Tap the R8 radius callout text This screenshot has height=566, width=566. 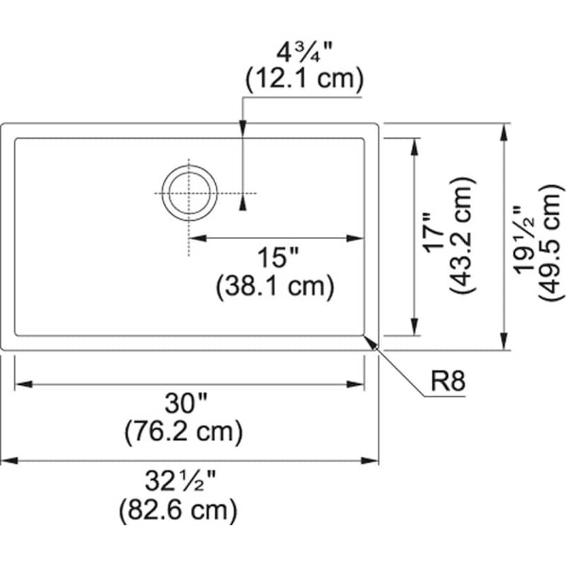[448, 383]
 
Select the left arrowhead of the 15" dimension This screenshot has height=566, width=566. [197, 238]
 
